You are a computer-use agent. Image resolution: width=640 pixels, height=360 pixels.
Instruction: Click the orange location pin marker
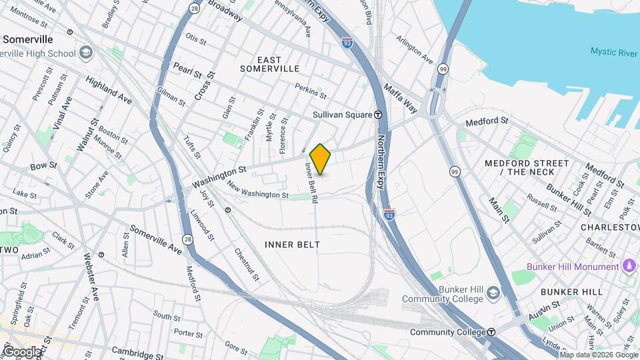[x=321, y=159]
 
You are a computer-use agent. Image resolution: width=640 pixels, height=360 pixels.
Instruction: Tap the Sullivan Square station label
[x=342, y=115]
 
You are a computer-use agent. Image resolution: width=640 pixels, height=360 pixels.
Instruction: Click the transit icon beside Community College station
[x=491, y=332]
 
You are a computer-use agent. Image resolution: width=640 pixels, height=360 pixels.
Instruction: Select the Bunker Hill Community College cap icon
[x=492, y=293]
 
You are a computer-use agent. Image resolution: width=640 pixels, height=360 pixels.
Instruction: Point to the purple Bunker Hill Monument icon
[x=628, y=267]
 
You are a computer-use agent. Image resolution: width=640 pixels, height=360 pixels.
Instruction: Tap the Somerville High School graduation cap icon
[x=86, y=53]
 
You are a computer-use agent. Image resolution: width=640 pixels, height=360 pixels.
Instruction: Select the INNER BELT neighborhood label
[x=292, y=245]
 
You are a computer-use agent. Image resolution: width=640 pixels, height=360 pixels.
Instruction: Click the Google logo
[x=22, y=352]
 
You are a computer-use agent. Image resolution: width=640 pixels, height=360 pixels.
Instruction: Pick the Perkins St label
[x=310, y=91]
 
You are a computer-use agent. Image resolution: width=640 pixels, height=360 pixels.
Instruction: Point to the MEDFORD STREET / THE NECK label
[x=527, y=167]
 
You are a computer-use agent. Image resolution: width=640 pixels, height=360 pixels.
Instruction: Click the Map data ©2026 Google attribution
[x=598, y=355]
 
